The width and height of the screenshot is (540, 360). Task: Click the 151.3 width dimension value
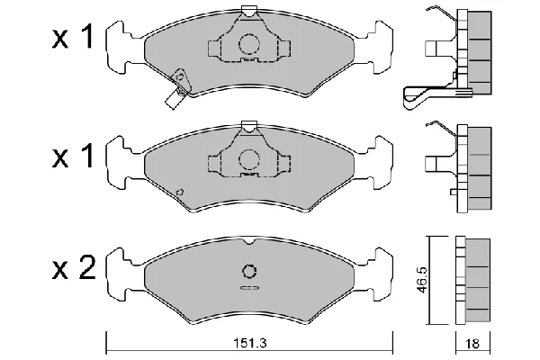click(250, 343)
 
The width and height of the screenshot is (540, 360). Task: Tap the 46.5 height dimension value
click(422, 280)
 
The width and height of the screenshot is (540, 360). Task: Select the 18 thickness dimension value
click(472, 344)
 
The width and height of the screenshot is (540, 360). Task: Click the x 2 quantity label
click(74, 268)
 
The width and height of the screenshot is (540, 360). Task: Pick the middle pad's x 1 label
click(73, 156)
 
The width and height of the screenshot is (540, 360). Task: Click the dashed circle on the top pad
click(249, 44)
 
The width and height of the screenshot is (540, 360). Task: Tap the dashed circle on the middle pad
click(249, 159)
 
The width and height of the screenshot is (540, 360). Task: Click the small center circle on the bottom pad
click(249, 271)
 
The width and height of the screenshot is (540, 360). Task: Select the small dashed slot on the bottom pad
click(249, 288)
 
